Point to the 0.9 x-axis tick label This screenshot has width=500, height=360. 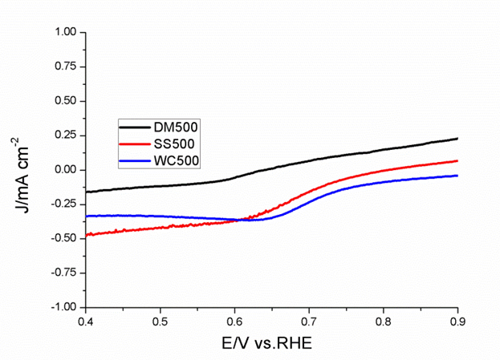pyautogui.click(x=457, y=322)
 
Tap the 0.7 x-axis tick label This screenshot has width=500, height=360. pyautogui.click(x=308, y=322)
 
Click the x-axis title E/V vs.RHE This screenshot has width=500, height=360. pyautogui.click(x=271, y=343)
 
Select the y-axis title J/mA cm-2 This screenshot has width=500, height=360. pyautogui.click(x=24, y=169)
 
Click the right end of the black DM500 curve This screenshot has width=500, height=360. pyautogui.click(x=457, y=139)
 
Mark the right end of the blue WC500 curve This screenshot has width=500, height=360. pyautogui.click(x=457, y=176)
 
